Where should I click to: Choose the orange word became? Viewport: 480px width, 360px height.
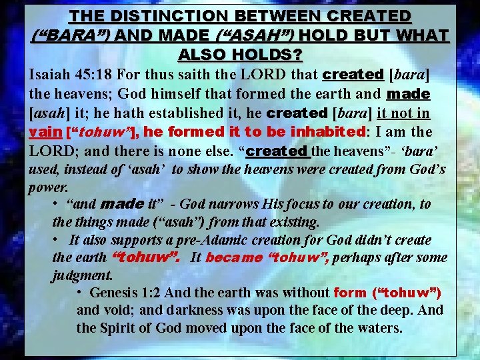click(x=233, y=257)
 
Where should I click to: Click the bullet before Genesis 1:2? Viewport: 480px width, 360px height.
click(x=79, y=293)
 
